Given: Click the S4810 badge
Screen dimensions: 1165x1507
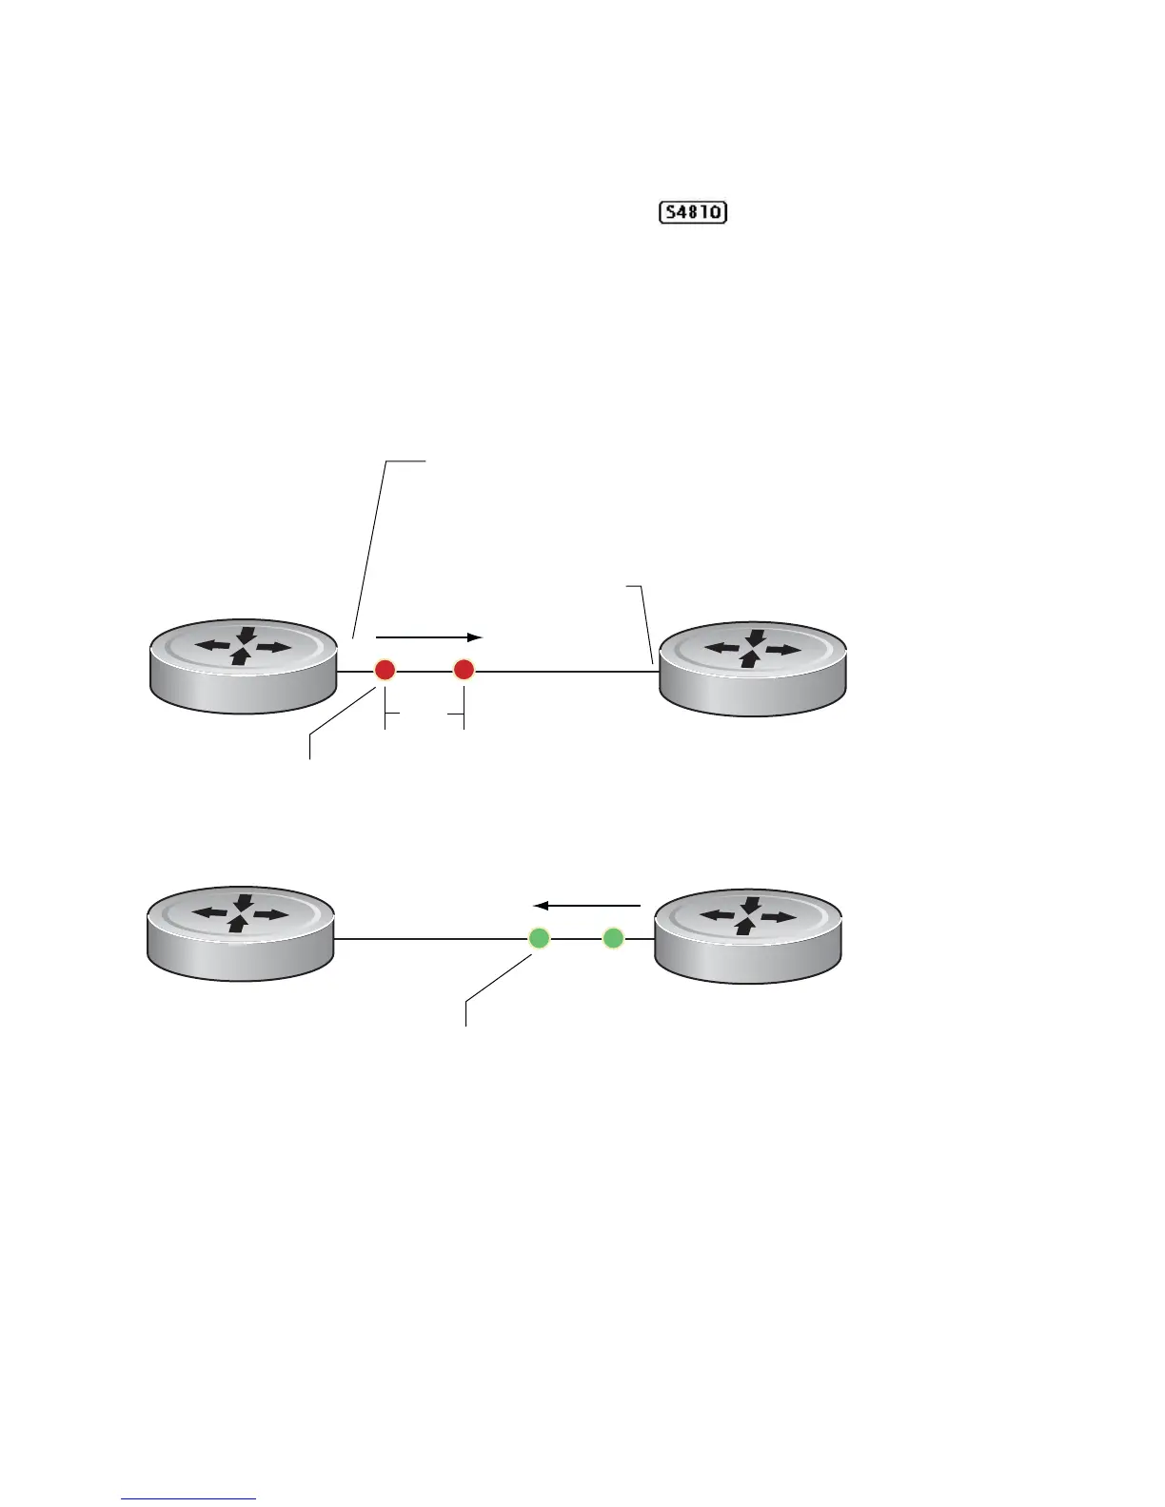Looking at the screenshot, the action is click(x=693, y=212).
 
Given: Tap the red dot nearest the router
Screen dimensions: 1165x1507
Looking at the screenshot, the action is click(x=385, y=671).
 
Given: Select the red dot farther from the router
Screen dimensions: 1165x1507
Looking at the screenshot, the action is click(x=464, y=671).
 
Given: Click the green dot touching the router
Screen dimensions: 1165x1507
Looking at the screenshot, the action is click(x=613, y=939).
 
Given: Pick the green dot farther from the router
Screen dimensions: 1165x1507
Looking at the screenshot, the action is click(x=539, y=939).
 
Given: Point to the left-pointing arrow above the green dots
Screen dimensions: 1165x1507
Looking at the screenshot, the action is click(x=586, y=906).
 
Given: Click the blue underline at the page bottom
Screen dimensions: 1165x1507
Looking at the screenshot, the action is click(x=189, y=1499).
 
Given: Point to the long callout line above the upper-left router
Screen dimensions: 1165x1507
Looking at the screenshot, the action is click(x=371, y=547).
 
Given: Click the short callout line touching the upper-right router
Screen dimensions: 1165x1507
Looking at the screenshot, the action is click(x=645, y=623).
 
